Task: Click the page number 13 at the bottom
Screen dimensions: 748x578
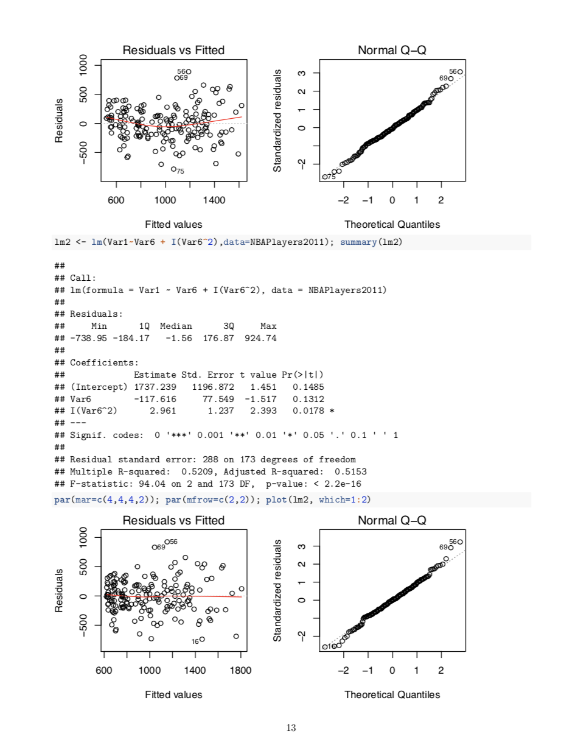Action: click(x=290, y=727)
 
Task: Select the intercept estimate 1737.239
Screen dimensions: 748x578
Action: click(x=154, y=387)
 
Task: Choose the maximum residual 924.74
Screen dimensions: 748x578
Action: click(x=260, y=338)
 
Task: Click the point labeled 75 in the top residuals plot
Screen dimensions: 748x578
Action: click(x=173, y=169)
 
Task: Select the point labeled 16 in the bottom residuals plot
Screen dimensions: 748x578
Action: click(x=203, y=639)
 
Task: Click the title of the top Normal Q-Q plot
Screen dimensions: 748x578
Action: click(x=392, y=50)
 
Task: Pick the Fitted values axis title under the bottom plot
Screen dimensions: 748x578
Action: click(x=173, y=694)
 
